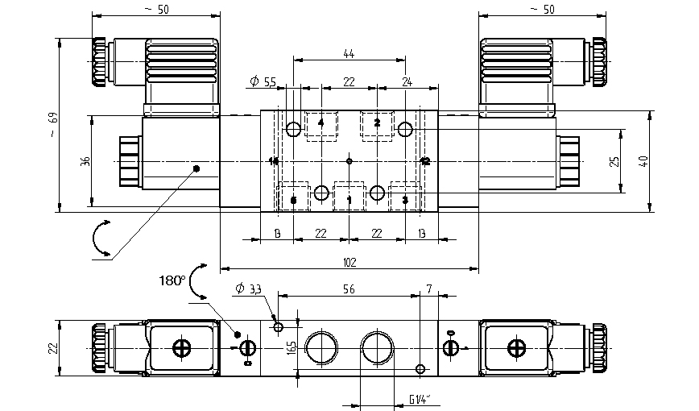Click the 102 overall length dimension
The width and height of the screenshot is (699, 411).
click(x=349, y=261)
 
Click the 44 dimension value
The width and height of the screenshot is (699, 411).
click(x=349, y=53)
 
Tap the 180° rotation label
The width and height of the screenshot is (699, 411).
click(x=172, y=281)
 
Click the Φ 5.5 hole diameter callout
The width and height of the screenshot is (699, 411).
click(x=263, y=81)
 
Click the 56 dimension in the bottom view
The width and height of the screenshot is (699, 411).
click(x=349, y=288)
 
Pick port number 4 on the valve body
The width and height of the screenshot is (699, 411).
click(x=321, y=123)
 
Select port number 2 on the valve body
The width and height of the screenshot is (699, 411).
click(x=377, y=123)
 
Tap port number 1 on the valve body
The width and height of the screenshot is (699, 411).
click(x=349, y=199)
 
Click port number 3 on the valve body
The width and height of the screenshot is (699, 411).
click(x=405, y=199)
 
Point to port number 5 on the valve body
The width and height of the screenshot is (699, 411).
click(x=293, y=199)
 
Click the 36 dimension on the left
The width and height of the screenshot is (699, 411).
click(x=85, y=162)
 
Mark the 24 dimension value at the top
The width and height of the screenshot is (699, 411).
click(x=407, y=81)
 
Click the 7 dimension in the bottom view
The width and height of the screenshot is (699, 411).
click(x=429, y=288)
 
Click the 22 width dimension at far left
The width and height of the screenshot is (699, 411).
click(x=53, y=347)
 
